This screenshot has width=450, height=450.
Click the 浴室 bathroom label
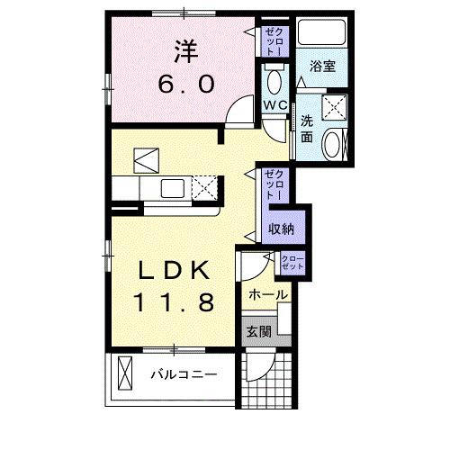[323, 65]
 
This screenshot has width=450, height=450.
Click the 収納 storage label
[281, 229]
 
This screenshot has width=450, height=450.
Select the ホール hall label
[267, 294]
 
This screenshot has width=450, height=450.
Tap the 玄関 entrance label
[259, 332]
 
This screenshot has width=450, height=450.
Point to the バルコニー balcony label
[184, 373]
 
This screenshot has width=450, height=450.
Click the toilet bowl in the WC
[274, 84]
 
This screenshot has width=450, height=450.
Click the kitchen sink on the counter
[170, 188]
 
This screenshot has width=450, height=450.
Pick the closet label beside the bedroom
[274, 41]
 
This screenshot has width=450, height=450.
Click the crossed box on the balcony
[123, 373]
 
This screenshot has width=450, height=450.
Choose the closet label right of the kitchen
[275, 185]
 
